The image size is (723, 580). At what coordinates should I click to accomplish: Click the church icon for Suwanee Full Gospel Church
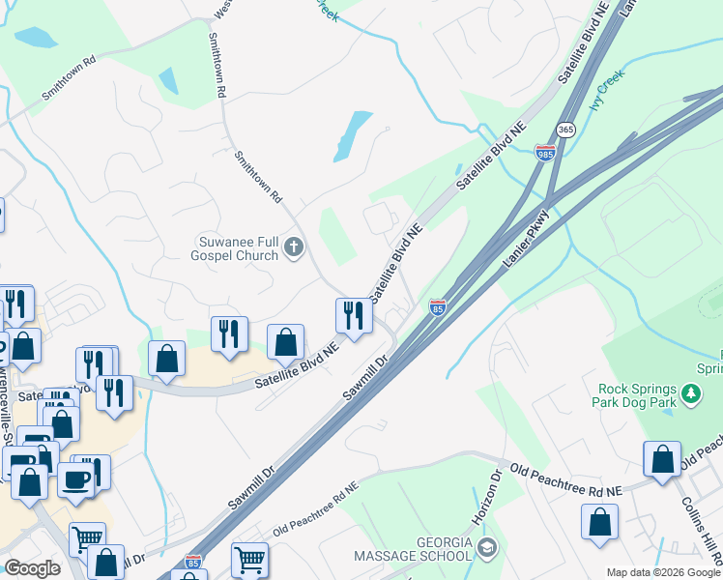point(295,249)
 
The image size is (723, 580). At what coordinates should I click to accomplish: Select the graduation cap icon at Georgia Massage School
point(487,548)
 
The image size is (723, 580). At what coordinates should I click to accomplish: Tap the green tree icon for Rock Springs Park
point(690,393)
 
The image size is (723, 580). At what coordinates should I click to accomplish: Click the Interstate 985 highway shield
point(544,152)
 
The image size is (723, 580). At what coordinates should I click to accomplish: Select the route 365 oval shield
point(565,130)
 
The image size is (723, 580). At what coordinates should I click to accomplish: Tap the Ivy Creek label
point(608,88)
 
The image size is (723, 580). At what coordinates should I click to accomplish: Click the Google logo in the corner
point(32,568)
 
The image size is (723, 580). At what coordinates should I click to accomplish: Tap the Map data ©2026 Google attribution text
point(662,572)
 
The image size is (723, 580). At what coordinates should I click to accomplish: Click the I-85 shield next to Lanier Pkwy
point(438,307)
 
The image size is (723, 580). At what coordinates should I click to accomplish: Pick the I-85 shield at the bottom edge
point(193,562)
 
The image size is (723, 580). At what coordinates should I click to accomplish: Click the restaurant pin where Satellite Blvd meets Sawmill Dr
point(354,314)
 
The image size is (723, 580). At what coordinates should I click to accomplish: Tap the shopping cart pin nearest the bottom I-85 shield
point(249,559)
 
